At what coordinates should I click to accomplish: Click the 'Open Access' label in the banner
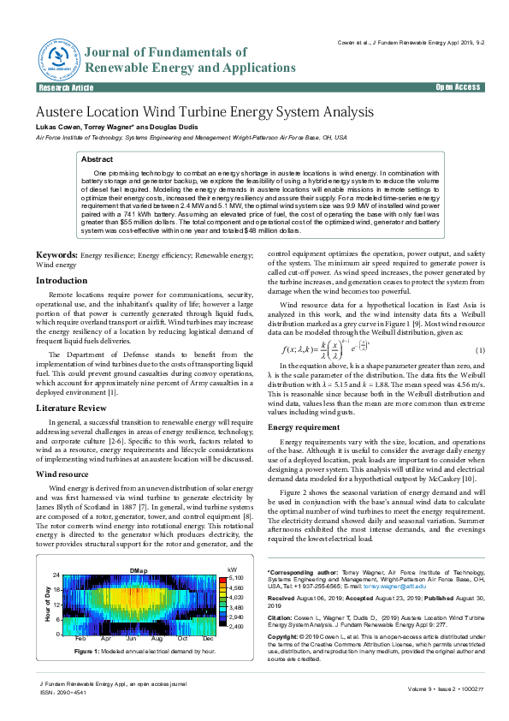(x=458, y=87)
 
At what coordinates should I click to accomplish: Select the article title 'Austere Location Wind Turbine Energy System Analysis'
(x=204, y=112)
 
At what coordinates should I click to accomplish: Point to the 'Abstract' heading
(x=97, y=159)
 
